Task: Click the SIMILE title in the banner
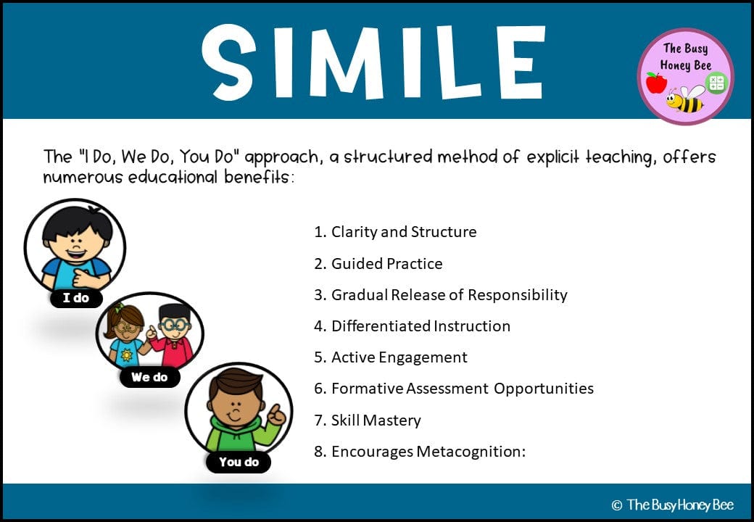(373, 63)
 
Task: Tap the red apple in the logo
(656, 83)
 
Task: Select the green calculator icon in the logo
(716, 82)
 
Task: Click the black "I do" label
(76, 298)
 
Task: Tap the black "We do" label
(149, 377)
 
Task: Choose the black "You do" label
(239, 462)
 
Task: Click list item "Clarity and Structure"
(395, 232)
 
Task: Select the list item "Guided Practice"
(378, 263)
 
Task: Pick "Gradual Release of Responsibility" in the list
(441, 294)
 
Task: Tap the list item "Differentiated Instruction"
(412, 326)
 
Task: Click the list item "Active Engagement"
(391, 357)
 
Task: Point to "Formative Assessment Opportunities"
(454, 389)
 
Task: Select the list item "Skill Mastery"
(368, 420)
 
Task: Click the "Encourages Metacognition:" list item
(420, 452)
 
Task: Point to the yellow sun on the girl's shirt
(126, 355)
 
